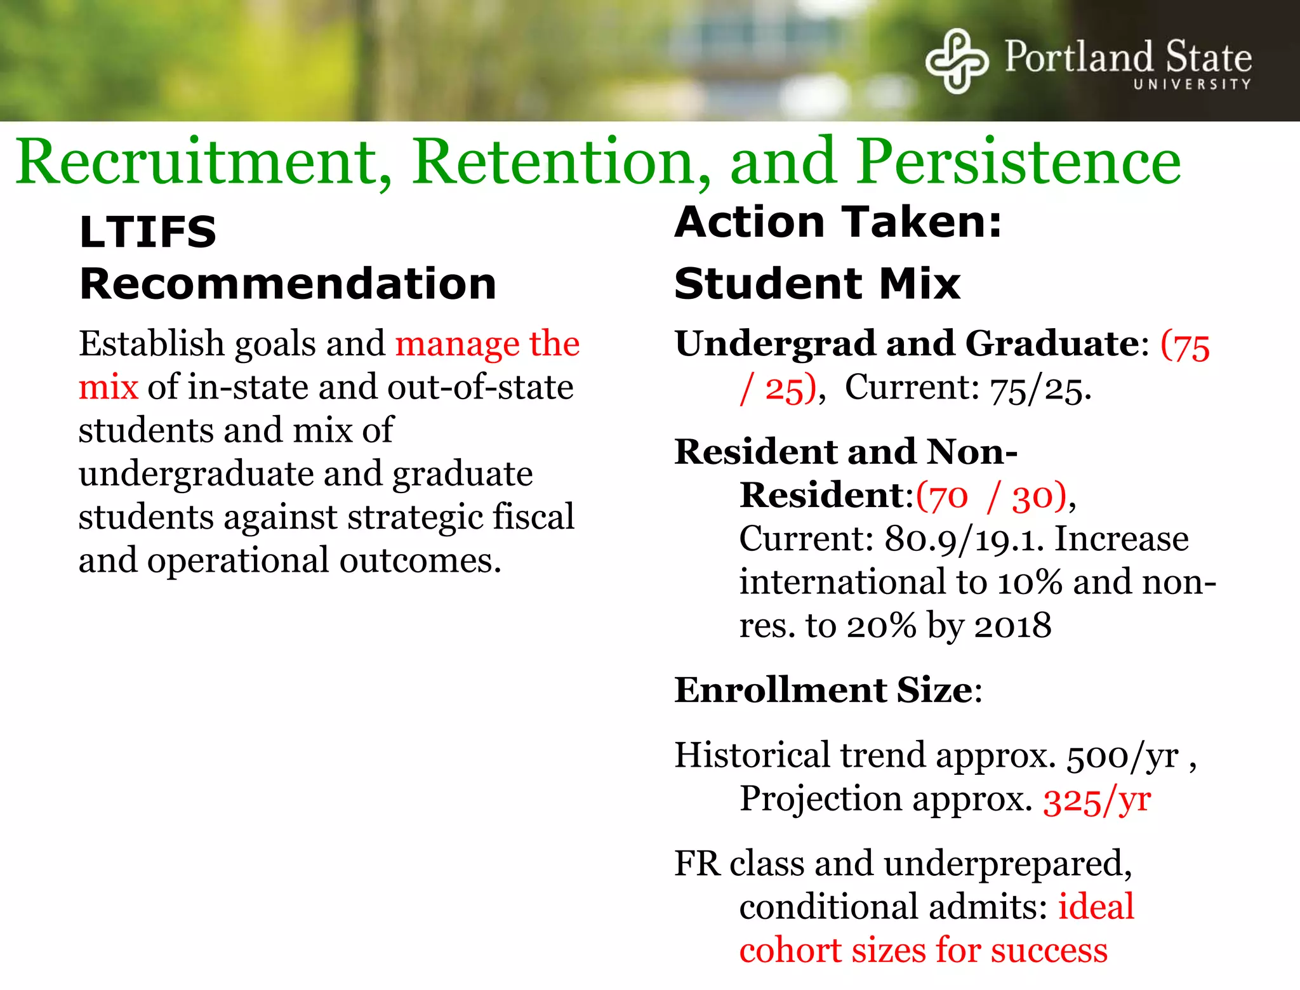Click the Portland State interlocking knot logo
(957, 61)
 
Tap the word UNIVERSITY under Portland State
(1192, 84)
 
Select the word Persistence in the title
(1019, 162)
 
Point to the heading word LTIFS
(148, 232)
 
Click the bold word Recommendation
(288, 284)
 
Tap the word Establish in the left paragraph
(151, 344)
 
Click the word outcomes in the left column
(420, 561)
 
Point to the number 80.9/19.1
(964, 539)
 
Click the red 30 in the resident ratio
(1030, 496)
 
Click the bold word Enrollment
(780, 690)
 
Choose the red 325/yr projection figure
(1097, 800)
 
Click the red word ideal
(1096, 906)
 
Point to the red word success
(1049, 951)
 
